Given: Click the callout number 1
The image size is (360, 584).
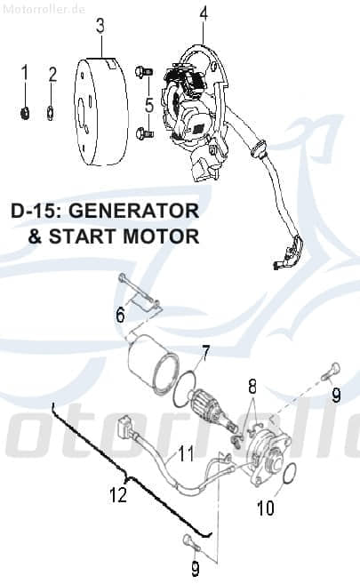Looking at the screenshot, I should click(25, 72).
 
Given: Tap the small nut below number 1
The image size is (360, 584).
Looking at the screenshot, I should click(26, 111).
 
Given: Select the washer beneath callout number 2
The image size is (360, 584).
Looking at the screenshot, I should click(52, 111).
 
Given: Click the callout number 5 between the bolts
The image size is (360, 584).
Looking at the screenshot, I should click(148, 104).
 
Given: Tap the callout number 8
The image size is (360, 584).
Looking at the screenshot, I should click(252, 386).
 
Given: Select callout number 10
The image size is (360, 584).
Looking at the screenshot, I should click(265, 509).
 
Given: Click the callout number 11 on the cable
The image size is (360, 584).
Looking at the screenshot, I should click(185, 454).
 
